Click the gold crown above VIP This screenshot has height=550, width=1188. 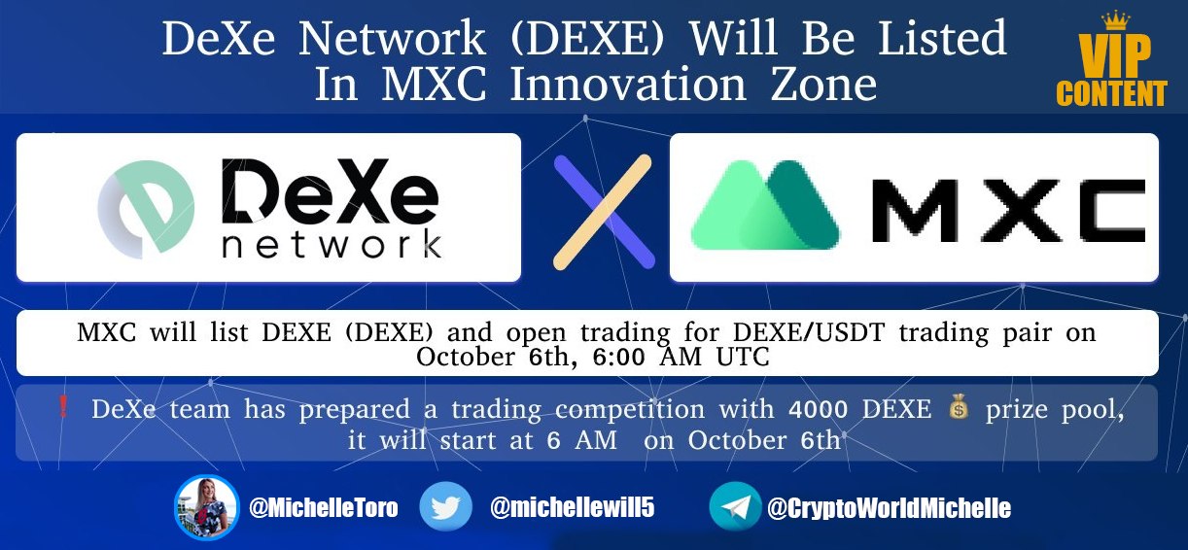[1115, 20]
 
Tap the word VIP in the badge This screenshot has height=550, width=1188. [1114, 55]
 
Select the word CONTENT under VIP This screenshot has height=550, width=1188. [1111, 93]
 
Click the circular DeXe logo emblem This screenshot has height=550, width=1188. [146, 209]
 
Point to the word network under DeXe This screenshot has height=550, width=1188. [332, 245]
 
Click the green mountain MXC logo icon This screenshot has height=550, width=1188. [765, 204]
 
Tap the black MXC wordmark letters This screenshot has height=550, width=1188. [1008, 210]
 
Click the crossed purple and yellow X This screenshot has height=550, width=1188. [604, 212]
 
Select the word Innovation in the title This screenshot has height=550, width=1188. [627, 85]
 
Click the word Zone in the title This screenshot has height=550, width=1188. [823, 85]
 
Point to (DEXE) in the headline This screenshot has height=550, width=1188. [587, 38]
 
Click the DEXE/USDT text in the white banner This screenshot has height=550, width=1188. [809, 332]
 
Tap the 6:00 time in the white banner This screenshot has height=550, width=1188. [618, 357]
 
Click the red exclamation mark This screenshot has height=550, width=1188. [62, 407]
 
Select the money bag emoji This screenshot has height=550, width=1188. [959, 406]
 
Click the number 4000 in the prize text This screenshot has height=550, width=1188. [818, 409]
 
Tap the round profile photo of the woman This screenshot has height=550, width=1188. [207, 507]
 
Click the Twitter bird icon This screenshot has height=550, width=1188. [445, 507]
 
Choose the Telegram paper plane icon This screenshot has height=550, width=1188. [735, 507]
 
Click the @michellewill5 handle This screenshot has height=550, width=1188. [573, 507]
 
